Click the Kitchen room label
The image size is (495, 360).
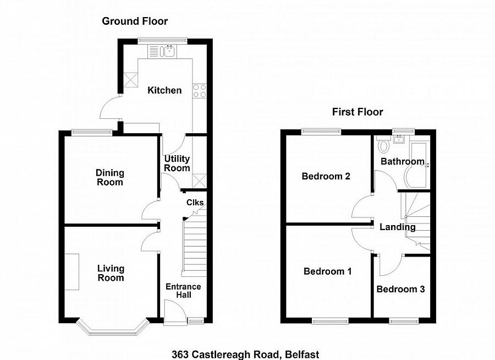(x=164, y=90)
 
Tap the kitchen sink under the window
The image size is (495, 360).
(x=167, y=52)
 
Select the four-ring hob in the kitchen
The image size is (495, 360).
(x=199, y=91)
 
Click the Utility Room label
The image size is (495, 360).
(x=177, y=163)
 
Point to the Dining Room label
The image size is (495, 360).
(x=110, y=177)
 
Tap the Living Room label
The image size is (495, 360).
(x=111, y=273)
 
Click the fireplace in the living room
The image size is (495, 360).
(x=71, y=271)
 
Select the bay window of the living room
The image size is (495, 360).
(x=112, y=329)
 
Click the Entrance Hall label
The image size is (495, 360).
(x=183, y=291)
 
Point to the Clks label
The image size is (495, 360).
(x=195, y=203)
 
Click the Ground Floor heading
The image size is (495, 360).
(x=135, y=21)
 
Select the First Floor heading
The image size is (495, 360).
(x=357, y=112)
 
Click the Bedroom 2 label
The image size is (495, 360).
(x=326, y=177)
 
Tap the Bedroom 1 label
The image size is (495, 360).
(x=328, y=271)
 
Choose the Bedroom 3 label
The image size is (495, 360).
(x=400, y=289)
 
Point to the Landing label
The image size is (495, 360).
(x=398, y=227)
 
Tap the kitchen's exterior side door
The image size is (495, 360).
(x=110, y=108)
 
